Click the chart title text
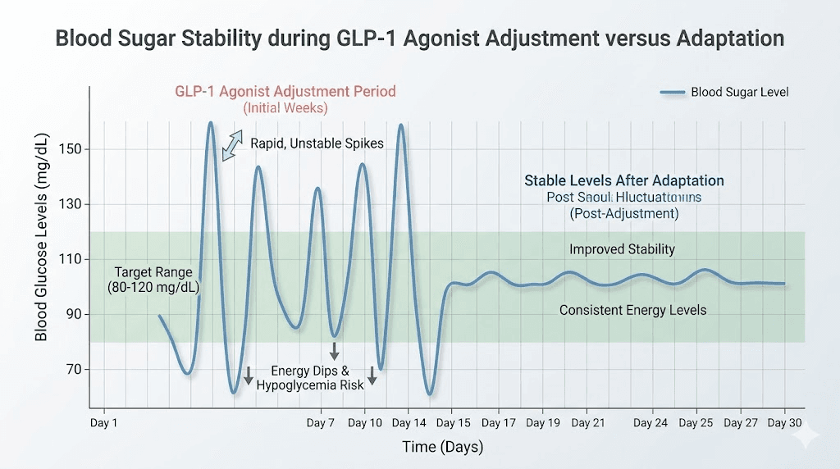click(x=419, y=39)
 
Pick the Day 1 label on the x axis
click(x=104, y=423)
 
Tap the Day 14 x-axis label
click(x=409, y=423)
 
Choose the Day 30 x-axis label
click(x=785, y=423)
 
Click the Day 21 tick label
click(x=588, y=423)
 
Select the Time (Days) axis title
click(x=442, y=447)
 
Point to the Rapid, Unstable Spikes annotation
click(x=317, y=143)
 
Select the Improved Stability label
click(x=622, y=249)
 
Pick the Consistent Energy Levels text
click(x=632, y=310)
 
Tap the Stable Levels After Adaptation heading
click(x=623, y=181)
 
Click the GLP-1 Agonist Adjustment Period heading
click(x=285, y=91)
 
